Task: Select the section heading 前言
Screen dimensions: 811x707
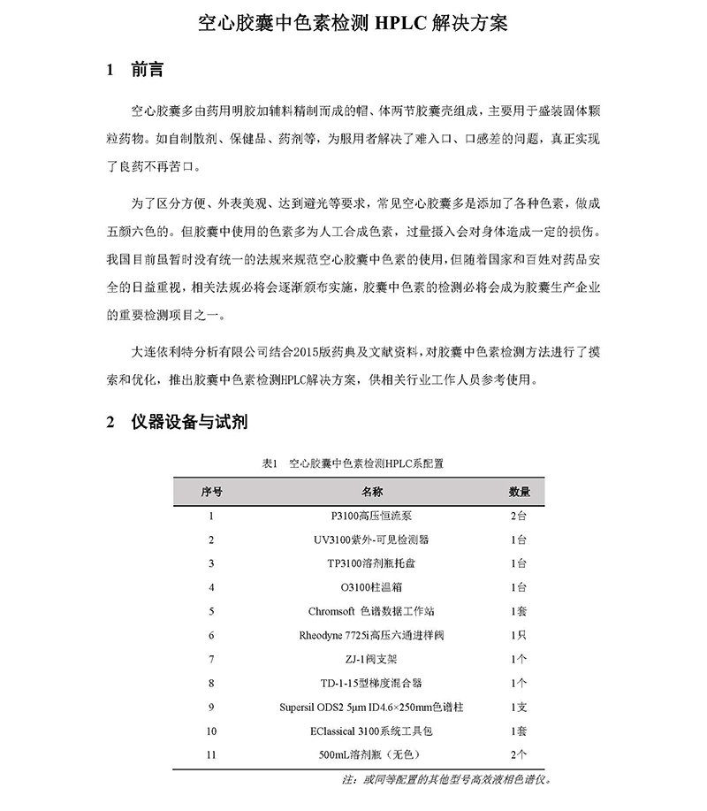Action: pyautogui.click(x=144, y=70)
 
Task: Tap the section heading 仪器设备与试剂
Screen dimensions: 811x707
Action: pyautogui.click(x=187, y=422)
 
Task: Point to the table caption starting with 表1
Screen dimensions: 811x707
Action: pyautogui.click(x=353, y=463)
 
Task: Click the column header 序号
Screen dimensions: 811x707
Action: pyautogui.click(x=211, y=491)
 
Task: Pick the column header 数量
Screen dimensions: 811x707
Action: pyautogui.click(x=520, y=491)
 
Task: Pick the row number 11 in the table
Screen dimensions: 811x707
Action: pyautogui.click(x=211, y=754)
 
